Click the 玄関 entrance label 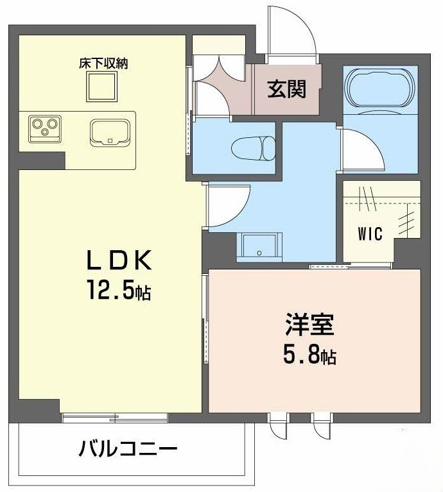point(286,89)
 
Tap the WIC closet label point(370,233)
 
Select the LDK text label point(119,260)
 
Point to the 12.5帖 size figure point(119,290)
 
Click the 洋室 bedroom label point(309,325)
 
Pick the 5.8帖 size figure point(309,355)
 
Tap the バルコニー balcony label point(128,448)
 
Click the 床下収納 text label point(103,64)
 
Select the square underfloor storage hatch point(102,87)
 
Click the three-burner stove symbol point(44,129)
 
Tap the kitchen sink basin point(110,132)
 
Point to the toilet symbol point(253,148)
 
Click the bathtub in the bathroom point(379,89)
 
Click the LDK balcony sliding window point(114,418)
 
